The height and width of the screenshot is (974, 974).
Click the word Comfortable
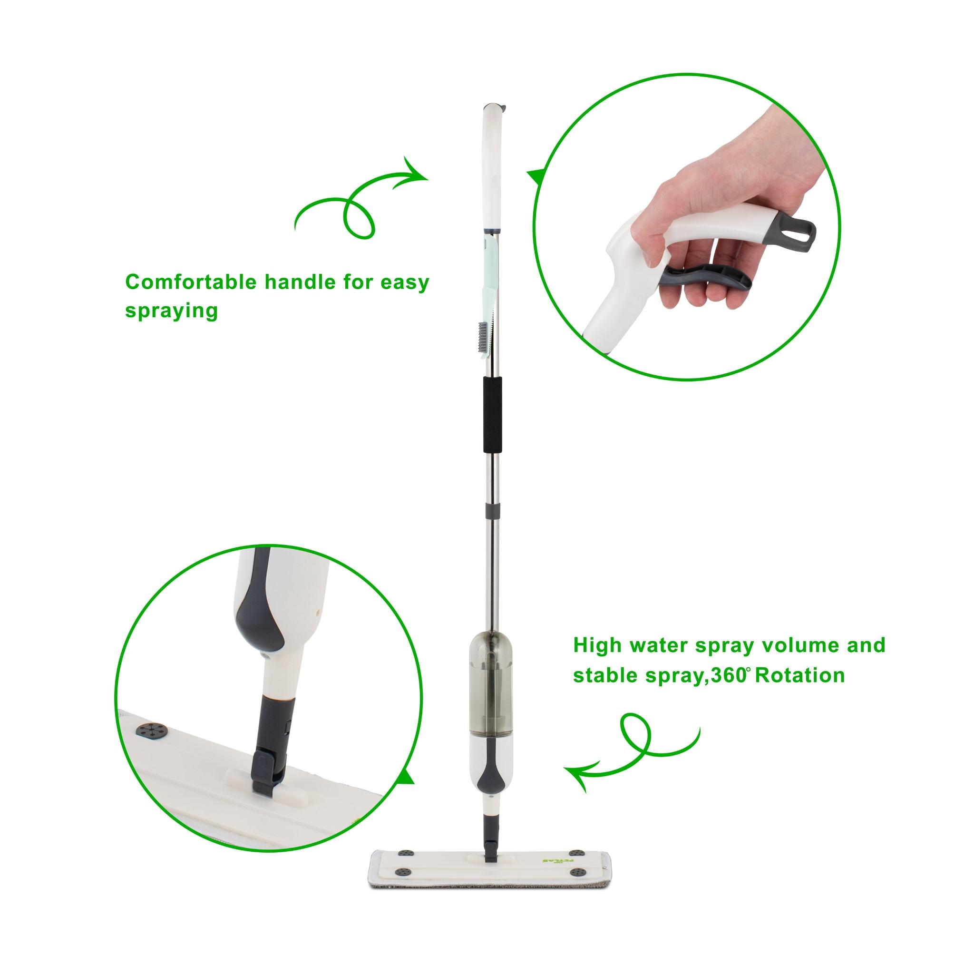pos(191,282)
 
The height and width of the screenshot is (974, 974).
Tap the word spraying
pos(171,311)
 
